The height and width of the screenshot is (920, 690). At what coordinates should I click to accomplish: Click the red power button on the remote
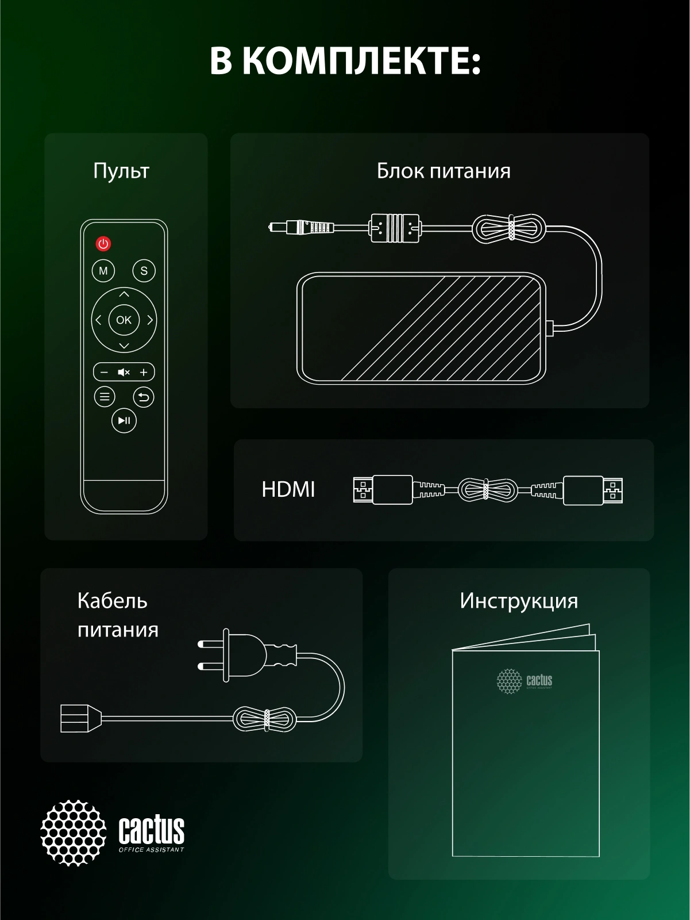(x=103, y=244)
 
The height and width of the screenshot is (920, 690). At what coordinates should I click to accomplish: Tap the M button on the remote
(x=103, y=271)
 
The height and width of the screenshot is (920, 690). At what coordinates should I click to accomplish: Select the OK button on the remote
(x=124, y=320)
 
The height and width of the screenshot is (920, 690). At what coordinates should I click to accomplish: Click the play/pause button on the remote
(x=124, y=420)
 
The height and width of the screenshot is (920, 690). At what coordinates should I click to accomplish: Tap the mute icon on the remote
(x=124, y=373)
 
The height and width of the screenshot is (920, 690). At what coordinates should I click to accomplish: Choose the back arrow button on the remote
(x=144, y=397)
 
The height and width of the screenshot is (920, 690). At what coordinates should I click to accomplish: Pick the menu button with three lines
(x=105, y=397)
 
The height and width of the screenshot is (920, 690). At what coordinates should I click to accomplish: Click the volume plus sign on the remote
(x=144, y=373)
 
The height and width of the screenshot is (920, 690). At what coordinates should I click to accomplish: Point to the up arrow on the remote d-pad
(x=124, y=294)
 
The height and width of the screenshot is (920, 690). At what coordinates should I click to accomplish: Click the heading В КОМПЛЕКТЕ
(x=345, y=61)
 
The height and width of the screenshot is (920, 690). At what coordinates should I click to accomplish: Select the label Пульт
(x=121, y=171)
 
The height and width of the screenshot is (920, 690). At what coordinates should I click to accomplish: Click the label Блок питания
(x=444, y=171)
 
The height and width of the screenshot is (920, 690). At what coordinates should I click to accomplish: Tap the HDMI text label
(x=288, y=490)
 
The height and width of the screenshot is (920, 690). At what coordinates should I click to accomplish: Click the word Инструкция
(x=519, y=601)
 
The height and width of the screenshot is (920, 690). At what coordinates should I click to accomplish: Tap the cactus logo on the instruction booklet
(x=524, y=681)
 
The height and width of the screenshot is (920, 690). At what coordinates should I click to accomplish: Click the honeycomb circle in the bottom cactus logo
(x=74, y=833)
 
